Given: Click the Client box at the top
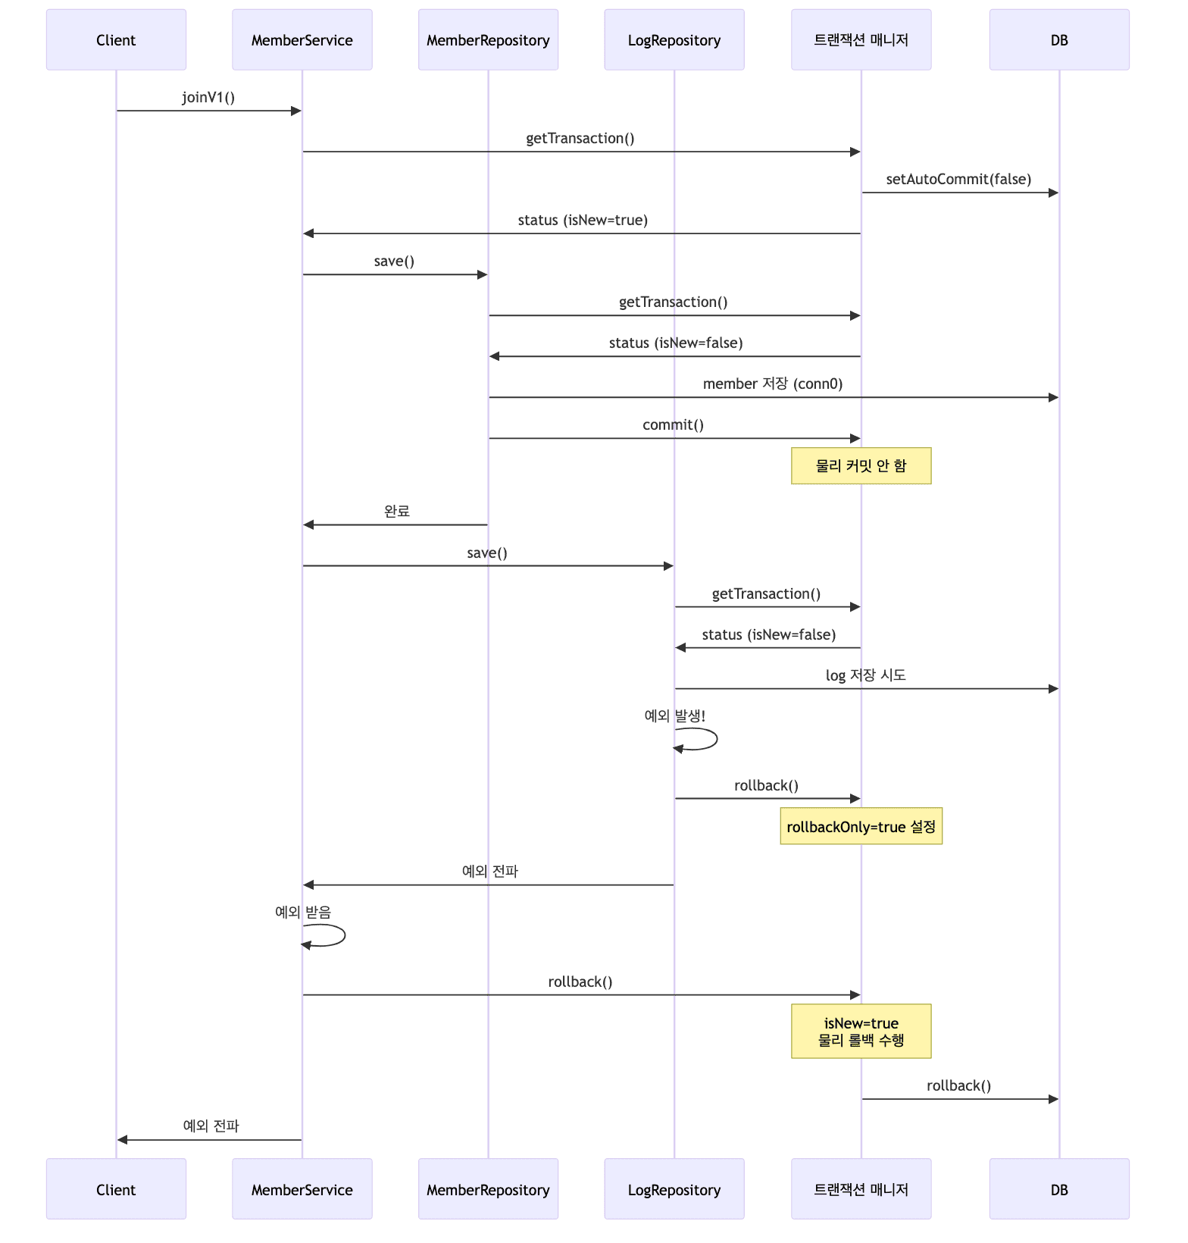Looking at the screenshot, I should pyautogui.click(x=116, y=40).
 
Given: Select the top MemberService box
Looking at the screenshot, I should pyautogui.click(x=302, y=40).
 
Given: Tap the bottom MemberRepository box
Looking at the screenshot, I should pyautogui.click(x=488, y=1189).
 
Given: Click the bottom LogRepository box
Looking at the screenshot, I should pyautogui.click(x=674, y=1189).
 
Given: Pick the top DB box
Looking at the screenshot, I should pyautogui.click(x=1058, y=40).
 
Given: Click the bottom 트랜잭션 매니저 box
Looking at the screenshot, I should pyautogui.click(x=861, y=1189).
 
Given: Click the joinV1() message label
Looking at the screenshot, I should pyautogui.click(x=208, y=97).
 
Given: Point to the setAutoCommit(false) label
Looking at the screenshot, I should pyautogui.click(x=958, y=180).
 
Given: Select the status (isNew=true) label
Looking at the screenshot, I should pyautogui.click(x=583, y=221).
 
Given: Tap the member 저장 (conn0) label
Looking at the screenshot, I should pyautogui.click(x=772, y=384).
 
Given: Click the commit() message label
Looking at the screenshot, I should pyautogui.click(x=673, y=425).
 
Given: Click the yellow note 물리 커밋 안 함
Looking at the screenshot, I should pyautogui.click(x=861, y=466).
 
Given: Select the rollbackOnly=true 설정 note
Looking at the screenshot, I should pyautogui.click(x=861, y=827).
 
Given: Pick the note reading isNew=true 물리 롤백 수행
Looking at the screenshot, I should pyautogui.click(x=861, y=1032).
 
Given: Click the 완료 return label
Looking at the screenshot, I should pyautogui.click(x=396, y=512).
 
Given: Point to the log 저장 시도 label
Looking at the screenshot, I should pyautogui.click(x=865, y=675).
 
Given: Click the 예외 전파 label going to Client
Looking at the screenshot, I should pyautogui.click(x=211, y=1126).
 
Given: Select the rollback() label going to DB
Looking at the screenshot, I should pyautogui.click(x=958, y=1086).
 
